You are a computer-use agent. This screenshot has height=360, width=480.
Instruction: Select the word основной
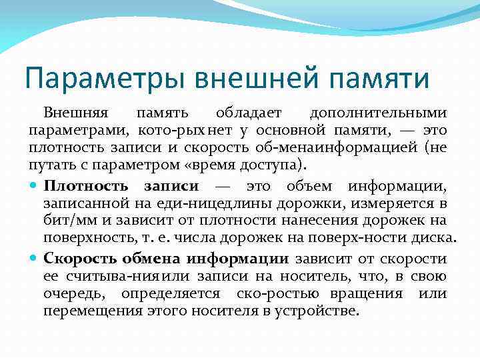tap(295, 129)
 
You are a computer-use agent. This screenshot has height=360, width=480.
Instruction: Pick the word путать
tap(47, 163)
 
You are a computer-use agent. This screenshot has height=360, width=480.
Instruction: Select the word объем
tap(309, 185)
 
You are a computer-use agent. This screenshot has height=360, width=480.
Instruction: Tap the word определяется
tap(175, 293)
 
